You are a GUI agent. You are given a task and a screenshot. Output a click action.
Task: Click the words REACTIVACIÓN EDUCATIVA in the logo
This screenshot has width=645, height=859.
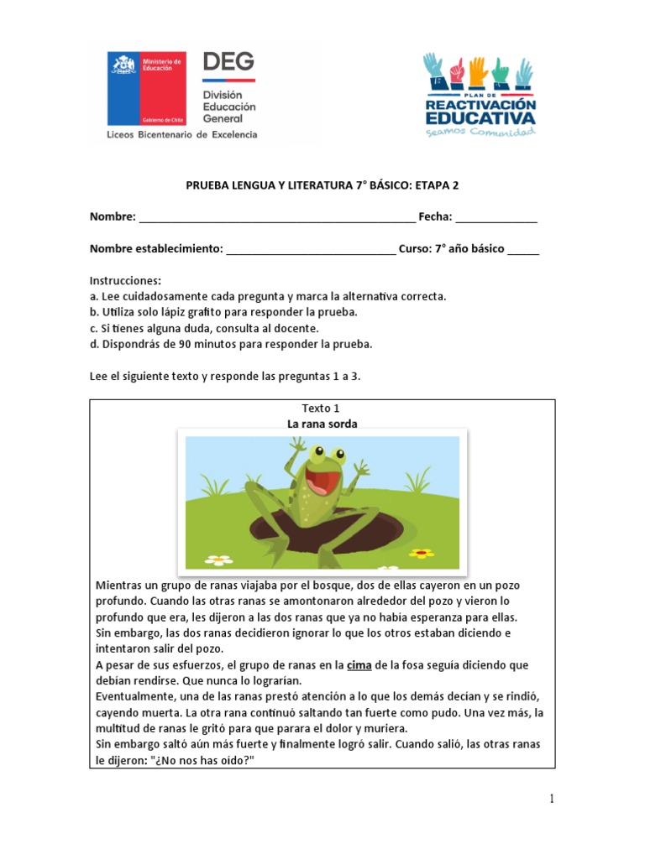pyautogui.click(x=480, y=112)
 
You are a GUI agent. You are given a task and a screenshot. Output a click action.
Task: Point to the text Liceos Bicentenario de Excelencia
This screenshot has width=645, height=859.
pyautogui.click(x=181, y=134)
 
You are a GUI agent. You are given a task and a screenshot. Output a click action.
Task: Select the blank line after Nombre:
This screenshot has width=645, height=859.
pyautogui.click(x=276, y=218)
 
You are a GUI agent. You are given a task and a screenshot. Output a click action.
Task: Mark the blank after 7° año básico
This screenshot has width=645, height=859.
pyautogui.click(x=523, y=250)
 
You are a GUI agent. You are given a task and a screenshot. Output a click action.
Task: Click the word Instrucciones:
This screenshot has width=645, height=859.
pyautogui.click(x=125, y=280)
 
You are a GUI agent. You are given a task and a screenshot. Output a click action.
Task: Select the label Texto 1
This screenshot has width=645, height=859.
pyautogui.click(x=322, y=408)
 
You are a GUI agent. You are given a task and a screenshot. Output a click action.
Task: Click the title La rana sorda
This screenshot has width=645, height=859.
pyautogui.click(x=322, y=424)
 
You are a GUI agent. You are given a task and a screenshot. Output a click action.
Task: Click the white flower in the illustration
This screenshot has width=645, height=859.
pyautogui.click(x=219, y=558)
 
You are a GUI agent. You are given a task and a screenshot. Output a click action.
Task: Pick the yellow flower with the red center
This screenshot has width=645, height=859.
pyautogui.click(x=422, y=553)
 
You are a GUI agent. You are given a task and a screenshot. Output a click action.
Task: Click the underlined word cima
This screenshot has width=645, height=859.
pyautogui.click(x=359, y=665)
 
